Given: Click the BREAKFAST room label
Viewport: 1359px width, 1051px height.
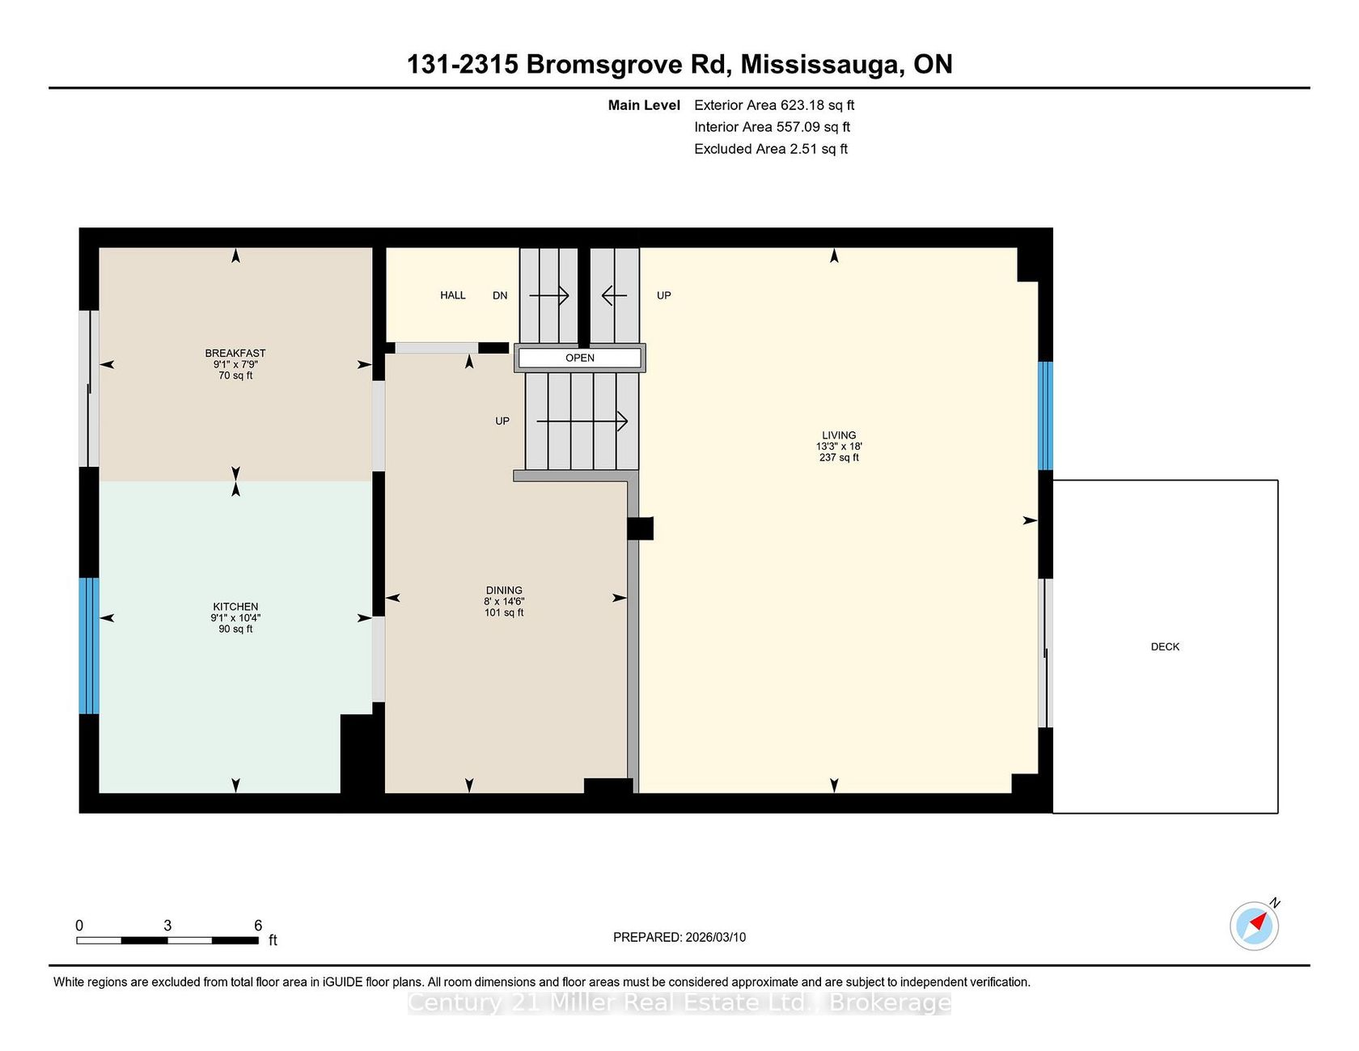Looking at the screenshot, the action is (235, 353).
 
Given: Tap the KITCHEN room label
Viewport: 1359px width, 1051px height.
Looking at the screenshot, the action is (235, 607).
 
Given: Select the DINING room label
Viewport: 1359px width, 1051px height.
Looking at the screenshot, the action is (504, 591).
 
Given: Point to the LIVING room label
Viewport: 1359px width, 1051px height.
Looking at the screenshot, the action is (839, 435).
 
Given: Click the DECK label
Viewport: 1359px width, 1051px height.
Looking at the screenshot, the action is (1165, 646).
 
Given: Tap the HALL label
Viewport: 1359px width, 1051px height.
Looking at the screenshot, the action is (453, 295).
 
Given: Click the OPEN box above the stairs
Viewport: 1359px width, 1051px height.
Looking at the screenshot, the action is (580, 358).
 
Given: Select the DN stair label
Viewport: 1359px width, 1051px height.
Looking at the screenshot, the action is (500, 295).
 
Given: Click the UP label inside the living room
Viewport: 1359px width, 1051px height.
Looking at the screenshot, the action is (664, 295).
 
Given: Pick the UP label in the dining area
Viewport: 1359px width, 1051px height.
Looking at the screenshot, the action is (502, 421).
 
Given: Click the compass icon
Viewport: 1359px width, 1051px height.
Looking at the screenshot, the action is (1255, 925).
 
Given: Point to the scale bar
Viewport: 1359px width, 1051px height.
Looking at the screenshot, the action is (167, 940).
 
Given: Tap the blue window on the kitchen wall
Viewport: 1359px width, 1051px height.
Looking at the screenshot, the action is (89, 646).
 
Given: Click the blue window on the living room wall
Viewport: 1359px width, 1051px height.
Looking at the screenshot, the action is (1046, 416).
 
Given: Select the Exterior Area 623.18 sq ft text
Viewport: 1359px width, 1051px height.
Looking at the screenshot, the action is (774, 105).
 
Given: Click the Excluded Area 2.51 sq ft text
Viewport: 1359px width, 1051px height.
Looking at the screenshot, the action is (771, 149).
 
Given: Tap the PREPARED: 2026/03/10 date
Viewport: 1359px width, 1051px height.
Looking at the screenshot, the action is (679, 937).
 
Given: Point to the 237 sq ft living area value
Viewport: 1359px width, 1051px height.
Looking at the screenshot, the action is (839, 458).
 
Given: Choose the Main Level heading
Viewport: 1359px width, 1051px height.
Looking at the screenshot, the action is (644, 105).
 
